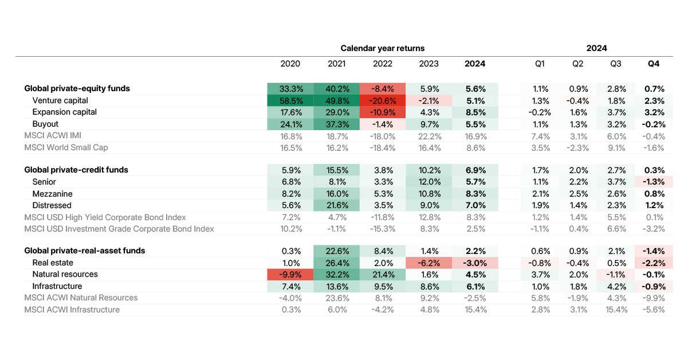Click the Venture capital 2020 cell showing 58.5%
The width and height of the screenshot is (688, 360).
(x=290, y=101)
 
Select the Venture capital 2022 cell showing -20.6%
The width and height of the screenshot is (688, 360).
(x=383, y=101)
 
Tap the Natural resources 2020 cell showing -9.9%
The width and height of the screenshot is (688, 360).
(x=290, y=275)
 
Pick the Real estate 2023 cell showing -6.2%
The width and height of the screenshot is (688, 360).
(x=428, y=263)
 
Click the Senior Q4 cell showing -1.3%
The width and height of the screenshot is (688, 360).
(x=654, y=182)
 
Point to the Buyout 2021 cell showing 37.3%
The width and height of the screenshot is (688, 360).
(x=337, y=124)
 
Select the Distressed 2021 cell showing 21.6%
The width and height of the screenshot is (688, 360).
(x=337, y=205)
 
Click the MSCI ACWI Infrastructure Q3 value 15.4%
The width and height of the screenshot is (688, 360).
(x=616, y=310)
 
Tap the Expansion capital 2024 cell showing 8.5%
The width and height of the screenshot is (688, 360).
(x=475, y=112)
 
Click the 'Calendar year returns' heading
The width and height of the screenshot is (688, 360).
(x=383, y=48)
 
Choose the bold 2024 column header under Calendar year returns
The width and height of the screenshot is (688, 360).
(x=475, y=64)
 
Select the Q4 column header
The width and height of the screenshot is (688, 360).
(x=654, y=64)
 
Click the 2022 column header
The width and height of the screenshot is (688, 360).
(x=383, y=64)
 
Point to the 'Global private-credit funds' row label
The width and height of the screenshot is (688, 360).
(x=76, y=170)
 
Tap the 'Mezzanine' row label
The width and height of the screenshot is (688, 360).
(x=53, y=194)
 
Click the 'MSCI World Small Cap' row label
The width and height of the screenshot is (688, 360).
(x=66, y=147)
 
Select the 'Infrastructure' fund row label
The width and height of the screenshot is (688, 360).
(x=57, y=286)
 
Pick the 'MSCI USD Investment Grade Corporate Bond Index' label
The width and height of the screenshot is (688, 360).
(x=119, y=229)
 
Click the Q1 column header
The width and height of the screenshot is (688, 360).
(x=540, y=64)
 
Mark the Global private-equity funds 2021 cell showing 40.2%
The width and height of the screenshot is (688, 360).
(x=337, y=89)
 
